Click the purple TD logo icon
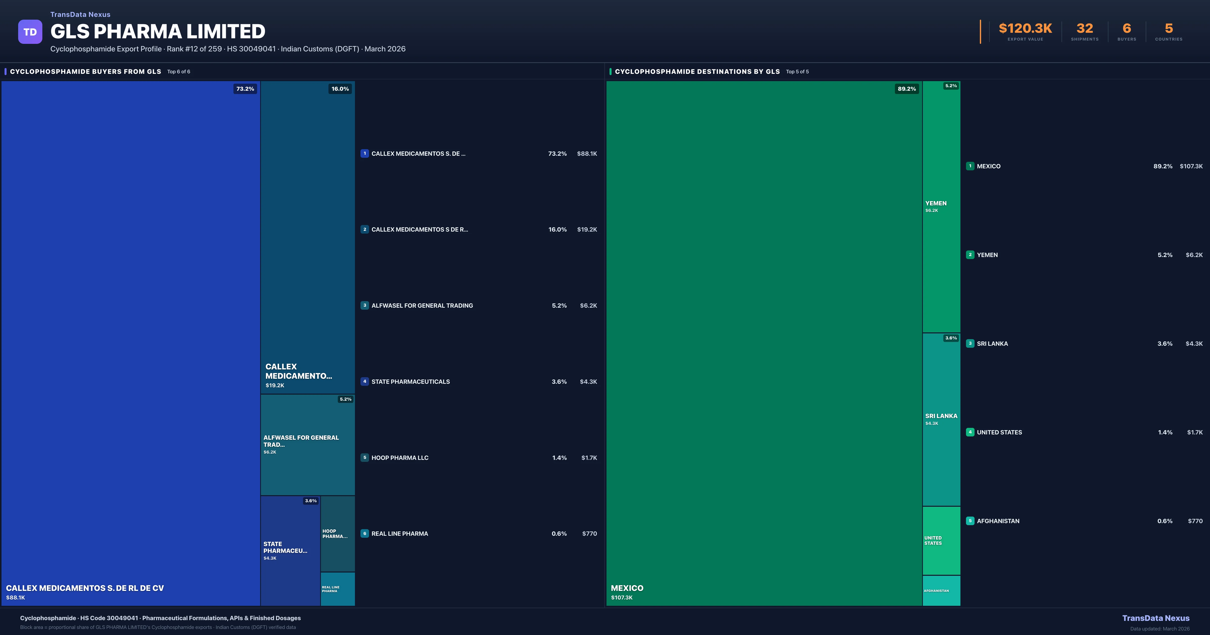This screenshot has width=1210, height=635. pos(30,32)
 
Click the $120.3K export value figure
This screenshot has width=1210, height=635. pos(1025,29)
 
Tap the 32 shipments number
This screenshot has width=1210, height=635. pos(1084,29)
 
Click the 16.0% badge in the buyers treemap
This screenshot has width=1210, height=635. pos(340,89)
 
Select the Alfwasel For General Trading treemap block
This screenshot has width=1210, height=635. pos(308,444)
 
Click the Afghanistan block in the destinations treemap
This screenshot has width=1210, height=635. pos(941,590)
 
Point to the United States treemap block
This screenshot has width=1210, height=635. pos(941,541)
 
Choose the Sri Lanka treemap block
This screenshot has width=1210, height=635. pos(941,419)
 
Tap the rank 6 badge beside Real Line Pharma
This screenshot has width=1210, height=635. pos(365,533)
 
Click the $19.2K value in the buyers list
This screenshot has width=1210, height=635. pos(587,230)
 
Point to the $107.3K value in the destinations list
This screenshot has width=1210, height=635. pos(1191,166)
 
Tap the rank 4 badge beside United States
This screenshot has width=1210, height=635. pos(970,432)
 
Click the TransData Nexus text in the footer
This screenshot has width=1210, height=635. pos(1156,618)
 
